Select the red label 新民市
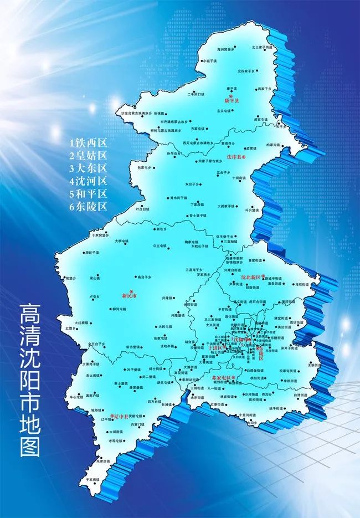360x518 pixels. (x=129, y=296)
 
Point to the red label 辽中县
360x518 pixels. (x=119, y=415)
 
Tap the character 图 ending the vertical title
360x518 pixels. (x=30, y=445)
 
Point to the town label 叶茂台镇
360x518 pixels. (x=142, y=209)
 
